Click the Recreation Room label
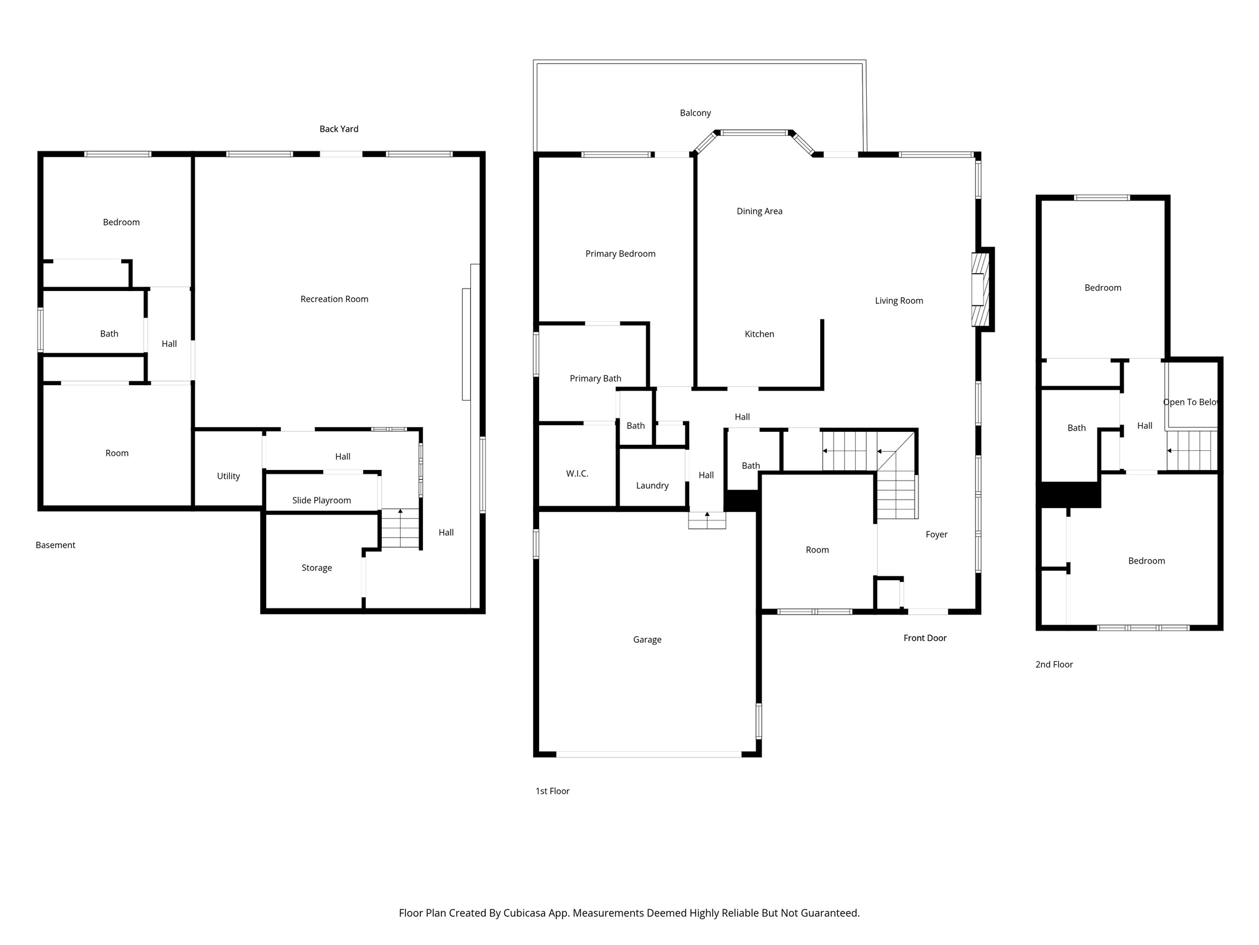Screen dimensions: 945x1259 pyautogui.click(x=334, y=299)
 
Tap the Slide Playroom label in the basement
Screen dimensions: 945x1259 pyautogui.click(x=322, y=500)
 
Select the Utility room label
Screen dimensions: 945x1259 pyautogui.click(x=228, y=476)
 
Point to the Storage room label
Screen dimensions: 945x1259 pyautogui.click(x=317, y=568)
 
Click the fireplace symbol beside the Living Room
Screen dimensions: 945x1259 pyautogui.click(x=981, y=289)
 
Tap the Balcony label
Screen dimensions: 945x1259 pyautogui.click(x=695, y=113)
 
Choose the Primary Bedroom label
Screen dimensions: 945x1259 pyautogui.click(x=620, y=253)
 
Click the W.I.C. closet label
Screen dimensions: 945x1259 pyautogui.click(x=577, y=474)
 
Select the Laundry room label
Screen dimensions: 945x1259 pyautogui.click(x=652, y=485)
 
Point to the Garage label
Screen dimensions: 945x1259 pyautogui.click(x=647, y=640)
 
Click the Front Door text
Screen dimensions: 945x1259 pyautogui.click(x=925, y=638)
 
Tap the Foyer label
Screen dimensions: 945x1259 pyautogui.click(x=936, y=535)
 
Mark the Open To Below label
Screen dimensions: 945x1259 pyautogui.click(x=1191, y=402)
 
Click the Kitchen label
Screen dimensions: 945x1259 pyautogui.click(x=759, y=334)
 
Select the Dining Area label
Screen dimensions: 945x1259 pyautogui.click(x=759, y=211)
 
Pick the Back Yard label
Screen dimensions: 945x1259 pyautogui.click(x=339, y=129)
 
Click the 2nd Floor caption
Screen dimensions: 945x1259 pyautogui.click(x=1054, y=664)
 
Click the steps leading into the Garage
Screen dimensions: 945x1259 pyautogui.click(x=707, y=520)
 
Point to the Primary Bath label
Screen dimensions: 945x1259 pyautogui.click(x=595, y=378)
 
